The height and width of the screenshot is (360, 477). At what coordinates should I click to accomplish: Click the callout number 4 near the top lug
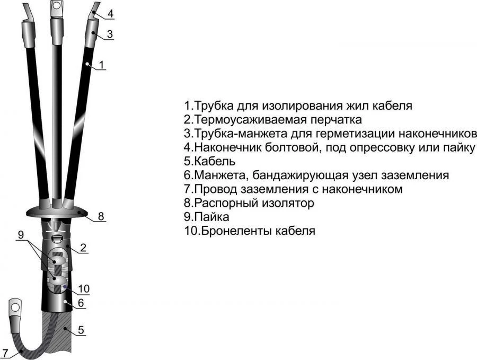pyautogui.click(x=111, y=14)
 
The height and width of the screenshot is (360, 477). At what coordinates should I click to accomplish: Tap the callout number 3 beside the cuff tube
pyautogui.click(x=110, y=34)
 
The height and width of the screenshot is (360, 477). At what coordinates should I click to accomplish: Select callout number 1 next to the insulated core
pyautogui.click(x=102, y=65)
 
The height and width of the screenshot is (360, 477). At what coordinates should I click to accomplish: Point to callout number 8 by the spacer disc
pyautogui.click(x=101, y=216)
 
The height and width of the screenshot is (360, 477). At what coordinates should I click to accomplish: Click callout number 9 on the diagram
pyautogui.click(x=21, y=235)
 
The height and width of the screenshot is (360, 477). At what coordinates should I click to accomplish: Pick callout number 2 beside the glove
pyautogui.click(x=83, y=248)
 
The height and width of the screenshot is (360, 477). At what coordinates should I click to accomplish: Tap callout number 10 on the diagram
pyautogui.click(x=84, y=288)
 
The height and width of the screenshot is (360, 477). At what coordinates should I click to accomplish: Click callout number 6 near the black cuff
pyautogui.click(x=81, y=303)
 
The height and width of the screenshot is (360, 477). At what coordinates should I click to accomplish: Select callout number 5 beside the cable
pyautogui.click(x=81, y=330)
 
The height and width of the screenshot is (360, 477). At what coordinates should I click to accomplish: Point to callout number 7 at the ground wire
pyautogui.click(x=5, y=353)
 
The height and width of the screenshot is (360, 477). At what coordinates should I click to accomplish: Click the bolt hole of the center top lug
pyautogui.click(x=56, y=5)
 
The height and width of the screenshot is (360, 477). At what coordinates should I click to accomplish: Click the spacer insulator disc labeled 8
pyautogui.click(x=57, y=211)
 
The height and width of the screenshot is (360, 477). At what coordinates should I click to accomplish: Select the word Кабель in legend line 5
pyautogui.click(x=215, y=161)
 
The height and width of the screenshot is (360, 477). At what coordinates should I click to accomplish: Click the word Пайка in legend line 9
pyautogui.click(x=211, y=217)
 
